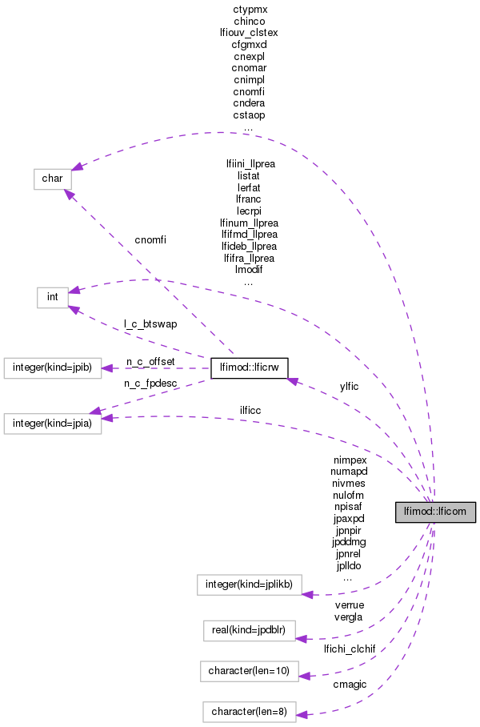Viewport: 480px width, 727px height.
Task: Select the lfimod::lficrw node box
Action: pyautogui.click(x=249, y=368)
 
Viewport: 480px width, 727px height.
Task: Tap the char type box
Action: pyautogui.click(x=53, y=179)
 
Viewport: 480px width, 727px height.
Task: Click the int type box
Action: pyautogui.click(x=52, y=297)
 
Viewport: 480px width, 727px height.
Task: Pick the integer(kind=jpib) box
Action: pyautogui.click(x=53, y=368)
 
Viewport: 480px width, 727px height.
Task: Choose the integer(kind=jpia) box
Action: pyautogui.click(x=53, y=424)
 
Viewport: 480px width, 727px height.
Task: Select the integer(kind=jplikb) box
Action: pyautogui.click(x=249, y=584)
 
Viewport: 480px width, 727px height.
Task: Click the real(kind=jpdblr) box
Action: pyautogui.click(x=249, y=629)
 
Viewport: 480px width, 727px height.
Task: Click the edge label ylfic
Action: pyautogui.click(x=349, y=386)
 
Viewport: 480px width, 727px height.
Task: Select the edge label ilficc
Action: pyautogui.click(x=250, y=410)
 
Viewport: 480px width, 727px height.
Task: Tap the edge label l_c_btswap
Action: pyautogui.click(x=150, y=324)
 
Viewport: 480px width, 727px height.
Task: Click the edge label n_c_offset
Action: pyautogui.click(x=150, y=362)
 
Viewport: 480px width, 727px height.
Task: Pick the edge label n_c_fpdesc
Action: pyautogui.click(x=150, y=384)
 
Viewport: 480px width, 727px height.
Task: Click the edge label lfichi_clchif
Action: pyautogui.click(x=350, y=648)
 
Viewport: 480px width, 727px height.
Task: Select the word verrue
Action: pyautogui.click(x=349, y=606)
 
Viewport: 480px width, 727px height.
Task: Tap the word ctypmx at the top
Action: pyautogui.click(x=249, y=9)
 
